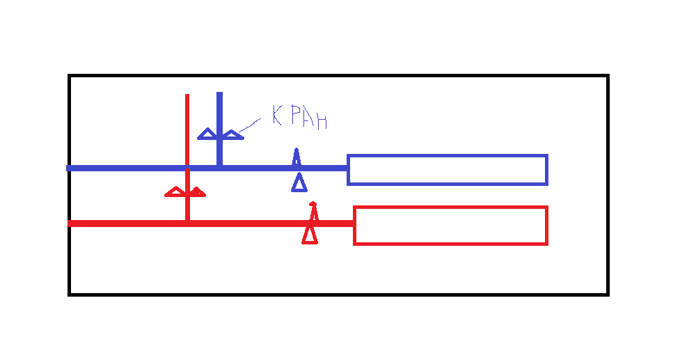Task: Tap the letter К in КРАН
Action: click(x=277, y=116)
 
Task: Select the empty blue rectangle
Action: click(x=448, y=170)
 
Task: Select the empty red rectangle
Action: click(x=450, y=226)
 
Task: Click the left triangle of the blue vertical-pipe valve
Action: click(x=207, y=134)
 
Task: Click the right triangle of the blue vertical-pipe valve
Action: click(x=232, y=134)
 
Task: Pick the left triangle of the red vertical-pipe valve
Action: click(x=175, y=192)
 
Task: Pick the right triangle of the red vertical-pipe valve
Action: click(x=197, y=192)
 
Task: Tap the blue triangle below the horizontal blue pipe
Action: click(x=299, y=183)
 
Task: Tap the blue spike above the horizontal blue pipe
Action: click(x=296, y=157)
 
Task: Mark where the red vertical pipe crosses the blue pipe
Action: click(x=187, y=168)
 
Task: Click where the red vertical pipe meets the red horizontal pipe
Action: click(x=187, y=223)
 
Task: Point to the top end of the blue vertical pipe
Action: click(x=219, y=94)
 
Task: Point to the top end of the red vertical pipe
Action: click(x=187, y=96)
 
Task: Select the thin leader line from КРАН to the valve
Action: click(x=249, y=124)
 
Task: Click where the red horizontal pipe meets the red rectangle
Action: click(x=354, y=224)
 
